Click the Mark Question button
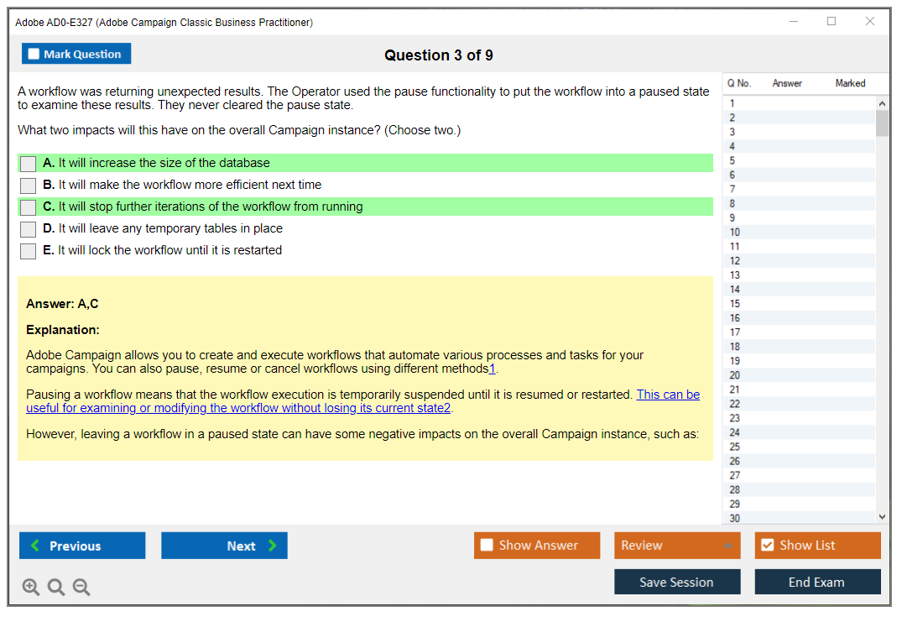(x=76, y=54)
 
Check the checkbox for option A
(x=29, y=164)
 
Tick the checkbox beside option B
(x=29, y=186)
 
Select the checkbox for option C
(x=29, y=207)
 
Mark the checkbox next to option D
(x=29, y=229)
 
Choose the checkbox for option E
(x=29, y=251)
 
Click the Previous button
(x=82, y=546)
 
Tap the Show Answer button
(x=537, y=546)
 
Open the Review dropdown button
(x=677, y=546)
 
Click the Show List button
(x=817, y=546)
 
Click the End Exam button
(x=817, y=582)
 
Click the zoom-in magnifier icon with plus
(x=30, y=587)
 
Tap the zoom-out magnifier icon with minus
(x=81, y=587)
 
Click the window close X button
(x=870, y=21)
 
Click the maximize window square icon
(x=832, y=21)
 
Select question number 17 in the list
(x=734, y=332)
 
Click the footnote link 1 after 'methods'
(x=492, y=369)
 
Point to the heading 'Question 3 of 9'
(x=438, y=55)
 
